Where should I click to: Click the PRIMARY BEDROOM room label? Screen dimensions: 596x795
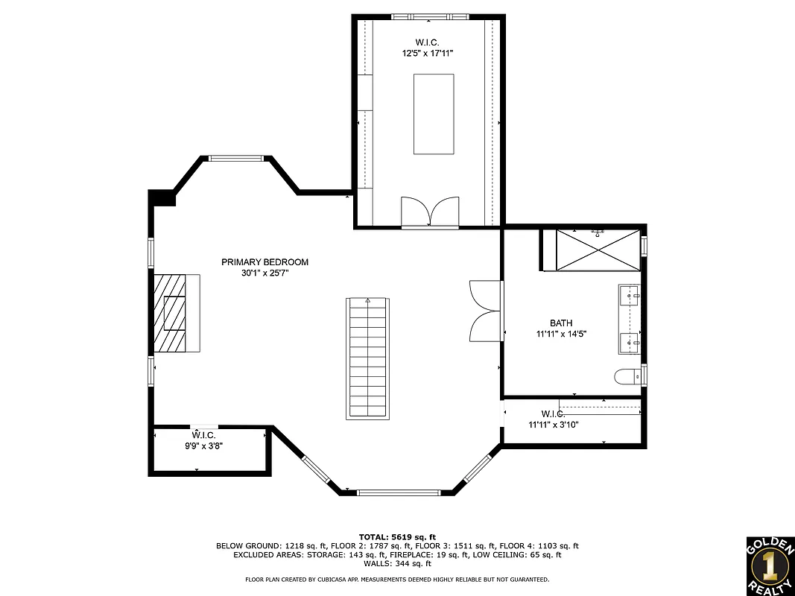coord(265,262)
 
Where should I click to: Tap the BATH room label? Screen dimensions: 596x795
coord(561,323)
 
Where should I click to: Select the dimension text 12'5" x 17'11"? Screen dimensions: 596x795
coord(428,54)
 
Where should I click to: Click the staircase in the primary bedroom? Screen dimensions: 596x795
coord(367,358)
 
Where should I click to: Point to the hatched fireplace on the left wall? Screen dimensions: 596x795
coord(177,313)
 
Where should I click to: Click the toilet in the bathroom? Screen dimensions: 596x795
coord(627,377)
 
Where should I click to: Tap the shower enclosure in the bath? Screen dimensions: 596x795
coord(598,250)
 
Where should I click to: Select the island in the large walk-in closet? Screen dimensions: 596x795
coord(434,113)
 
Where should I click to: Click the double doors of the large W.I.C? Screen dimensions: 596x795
coord(430,212)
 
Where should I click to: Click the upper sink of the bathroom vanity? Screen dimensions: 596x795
coord(629,297)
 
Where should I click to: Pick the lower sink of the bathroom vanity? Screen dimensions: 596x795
coord(629,343)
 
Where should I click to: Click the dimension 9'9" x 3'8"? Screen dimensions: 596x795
coord(203,446)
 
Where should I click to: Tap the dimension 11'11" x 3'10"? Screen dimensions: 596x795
coord(554,425)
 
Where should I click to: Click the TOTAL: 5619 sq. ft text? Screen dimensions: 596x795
coord(397,536)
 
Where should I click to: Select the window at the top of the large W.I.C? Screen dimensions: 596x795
coord(430,16)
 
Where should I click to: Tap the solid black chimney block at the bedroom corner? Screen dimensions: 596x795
coord(162,197)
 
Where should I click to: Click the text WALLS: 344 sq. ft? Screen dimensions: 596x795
coord(397,564)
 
